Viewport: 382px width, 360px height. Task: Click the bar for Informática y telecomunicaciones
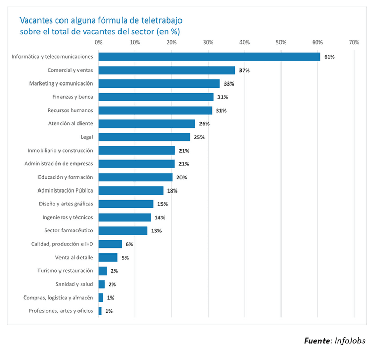(x=209, y=57)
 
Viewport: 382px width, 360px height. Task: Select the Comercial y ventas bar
(x=167, y=70)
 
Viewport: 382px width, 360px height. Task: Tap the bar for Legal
(x=144, y=137)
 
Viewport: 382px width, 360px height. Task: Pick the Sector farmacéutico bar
(x=123, y=230)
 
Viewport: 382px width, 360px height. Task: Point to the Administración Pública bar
(x=131, y=190)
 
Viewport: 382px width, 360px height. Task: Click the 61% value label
(x=329, y=57)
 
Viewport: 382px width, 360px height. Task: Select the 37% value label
(x=244, y=70)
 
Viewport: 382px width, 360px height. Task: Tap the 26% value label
(x=204, y=124)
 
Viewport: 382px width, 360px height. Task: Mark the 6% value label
(x=129, y=244)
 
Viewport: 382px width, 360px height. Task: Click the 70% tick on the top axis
(x=353, y=42)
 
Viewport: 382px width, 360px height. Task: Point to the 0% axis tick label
(x=98, y=42)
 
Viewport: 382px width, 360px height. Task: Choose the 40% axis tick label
(x=245, y=42)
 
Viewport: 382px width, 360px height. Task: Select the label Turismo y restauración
(x=65, y=270)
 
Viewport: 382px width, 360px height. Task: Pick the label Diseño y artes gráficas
(x=66, y=204)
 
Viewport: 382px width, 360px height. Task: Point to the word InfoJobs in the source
(x=350, y=341)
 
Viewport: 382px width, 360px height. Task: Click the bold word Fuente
(x=317, y=341)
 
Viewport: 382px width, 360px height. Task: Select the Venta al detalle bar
(x=108, y=257)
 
